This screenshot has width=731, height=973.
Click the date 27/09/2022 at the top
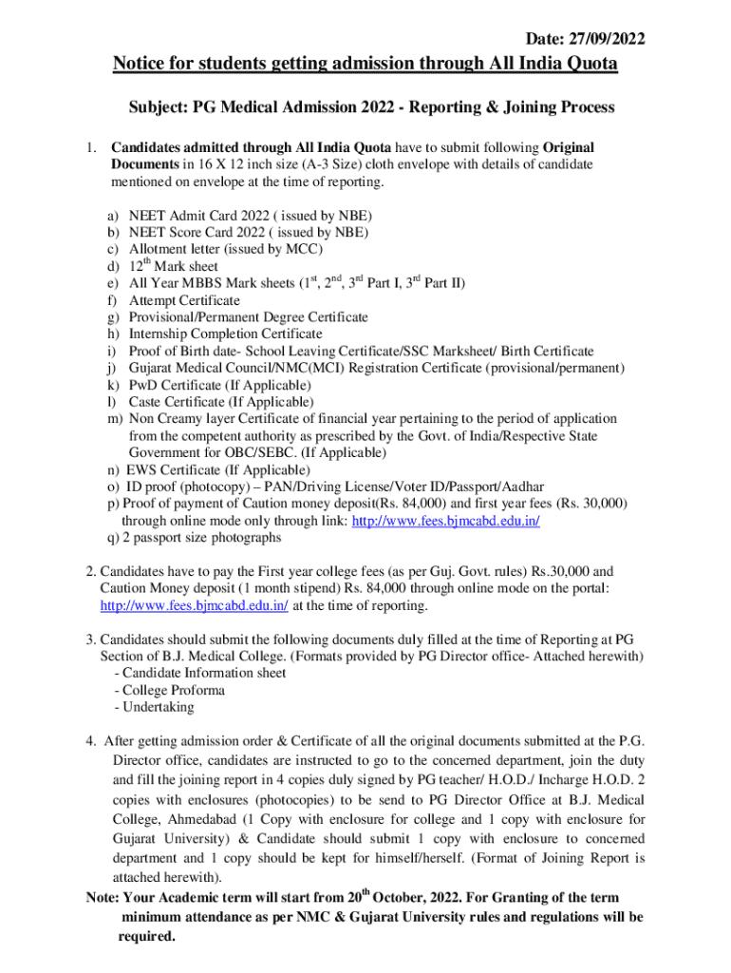coord(608,39)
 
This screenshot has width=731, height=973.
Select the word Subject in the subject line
coord(158,107)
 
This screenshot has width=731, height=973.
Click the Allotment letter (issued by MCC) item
coord(226,249)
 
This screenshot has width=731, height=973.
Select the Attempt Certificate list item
coord(184,300)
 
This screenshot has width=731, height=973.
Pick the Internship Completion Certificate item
coord(225,334)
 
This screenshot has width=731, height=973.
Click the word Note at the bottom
coord(101,898)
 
